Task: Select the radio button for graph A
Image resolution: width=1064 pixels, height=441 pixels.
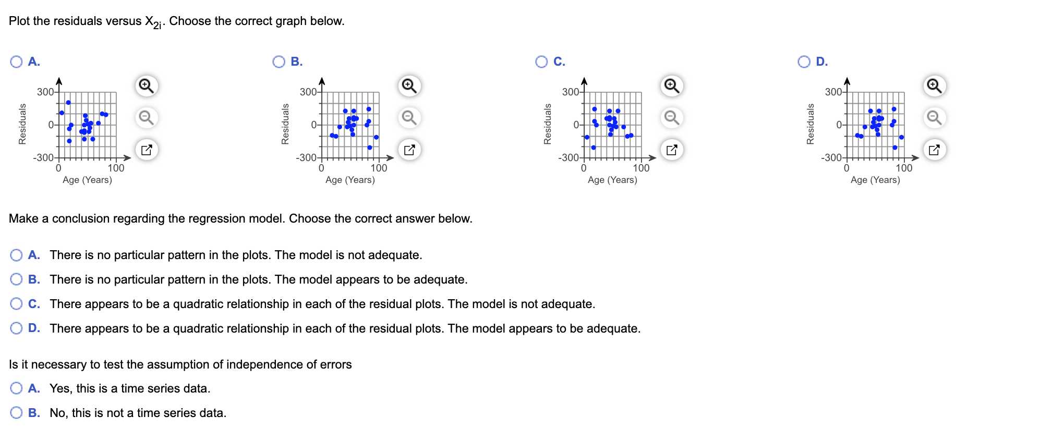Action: tap(16, 62)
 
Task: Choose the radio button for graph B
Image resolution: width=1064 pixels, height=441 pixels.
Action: tap(279, 62)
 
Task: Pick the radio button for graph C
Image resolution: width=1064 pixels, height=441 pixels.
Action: tap(541, 62)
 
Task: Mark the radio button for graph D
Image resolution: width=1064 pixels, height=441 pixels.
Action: tap(804, 62)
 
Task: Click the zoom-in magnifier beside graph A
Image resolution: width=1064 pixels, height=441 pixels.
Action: tap(147, 85)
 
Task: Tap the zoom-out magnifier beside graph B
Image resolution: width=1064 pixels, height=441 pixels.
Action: tap(409, 118)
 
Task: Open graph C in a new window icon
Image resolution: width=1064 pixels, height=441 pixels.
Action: tap(672, 150)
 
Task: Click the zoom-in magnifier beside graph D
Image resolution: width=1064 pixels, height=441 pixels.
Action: tap(934, 85)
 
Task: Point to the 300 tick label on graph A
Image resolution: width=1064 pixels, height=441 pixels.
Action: tap(44, 92)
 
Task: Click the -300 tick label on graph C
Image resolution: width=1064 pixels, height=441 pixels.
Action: tap(568, 157)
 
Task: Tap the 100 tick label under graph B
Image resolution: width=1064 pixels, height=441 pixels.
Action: tap(379, 168)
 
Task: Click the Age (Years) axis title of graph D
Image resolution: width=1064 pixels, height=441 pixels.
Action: tap(875, 180)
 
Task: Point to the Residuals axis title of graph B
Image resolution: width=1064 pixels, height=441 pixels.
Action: tap(285, 124)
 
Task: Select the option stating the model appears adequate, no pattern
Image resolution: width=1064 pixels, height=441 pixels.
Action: tap(16, 279)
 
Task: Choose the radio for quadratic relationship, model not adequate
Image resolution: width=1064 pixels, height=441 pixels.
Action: tap(16, 304)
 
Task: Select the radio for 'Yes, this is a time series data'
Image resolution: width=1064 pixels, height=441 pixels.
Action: tap(16, 388)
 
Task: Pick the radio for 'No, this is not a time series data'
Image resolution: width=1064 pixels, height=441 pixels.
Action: tap(16, 413)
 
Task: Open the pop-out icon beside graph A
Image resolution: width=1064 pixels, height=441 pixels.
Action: tap(147, 150)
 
